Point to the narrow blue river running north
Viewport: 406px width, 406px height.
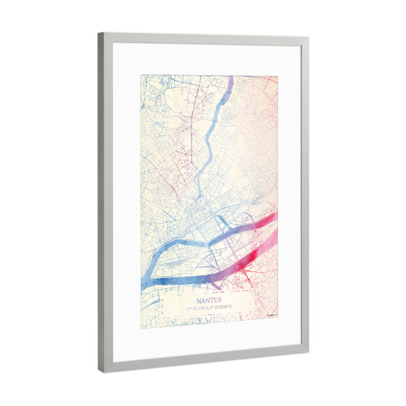(x=203, y=156)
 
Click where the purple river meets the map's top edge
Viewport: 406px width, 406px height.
(x=229, y=77)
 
